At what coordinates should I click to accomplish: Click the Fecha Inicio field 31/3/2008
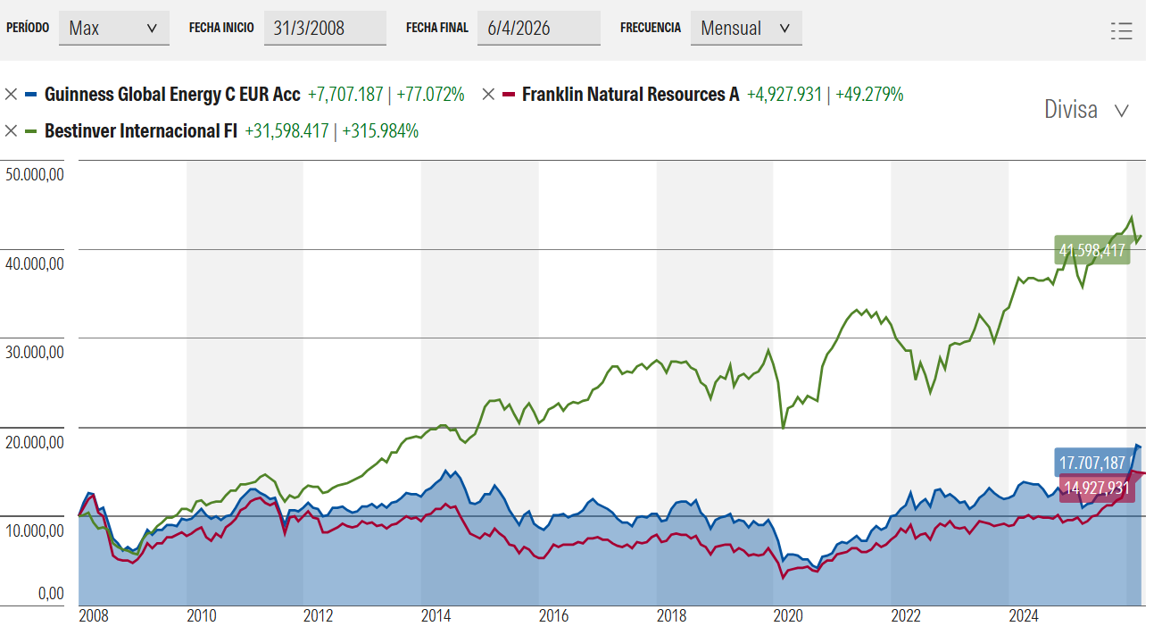pos(324,28)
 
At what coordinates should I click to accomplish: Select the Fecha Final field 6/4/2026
pos(538,28)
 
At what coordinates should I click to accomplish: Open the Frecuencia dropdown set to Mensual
pos(745,28)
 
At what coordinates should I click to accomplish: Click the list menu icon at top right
pos(1122,30)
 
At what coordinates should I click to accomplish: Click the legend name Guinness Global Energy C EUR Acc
pos(172,94)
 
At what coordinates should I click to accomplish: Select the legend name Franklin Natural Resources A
pos(630,94)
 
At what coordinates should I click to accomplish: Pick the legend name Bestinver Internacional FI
pos(140,131)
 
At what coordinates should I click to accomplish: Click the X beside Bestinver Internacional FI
pos(11,131)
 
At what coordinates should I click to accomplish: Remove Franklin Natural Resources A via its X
pos(488,94)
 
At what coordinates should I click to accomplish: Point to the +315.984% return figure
pos(380,131)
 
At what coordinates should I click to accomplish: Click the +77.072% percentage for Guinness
pos(430,94)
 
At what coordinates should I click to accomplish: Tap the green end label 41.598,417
pos(1091,251)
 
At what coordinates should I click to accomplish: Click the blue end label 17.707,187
pos(1091,463)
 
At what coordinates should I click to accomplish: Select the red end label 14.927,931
pos(1095,488)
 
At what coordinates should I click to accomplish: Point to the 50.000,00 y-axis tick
pos(34,175)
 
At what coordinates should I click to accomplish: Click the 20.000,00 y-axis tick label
pos(34,442)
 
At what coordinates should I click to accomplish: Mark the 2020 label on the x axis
pos(789,616)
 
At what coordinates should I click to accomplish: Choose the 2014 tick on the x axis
pos(436,616)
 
